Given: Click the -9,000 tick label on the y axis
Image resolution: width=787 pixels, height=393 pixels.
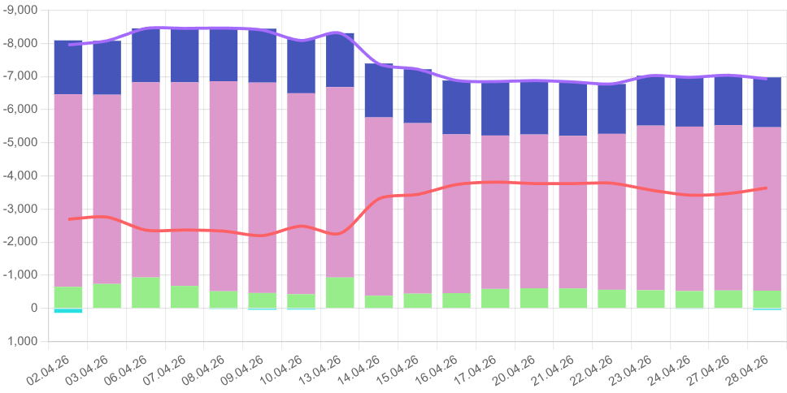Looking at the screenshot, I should [23, 10].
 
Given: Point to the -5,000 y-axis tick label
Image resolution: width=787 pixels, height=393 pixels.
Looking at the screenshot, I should [23, 143].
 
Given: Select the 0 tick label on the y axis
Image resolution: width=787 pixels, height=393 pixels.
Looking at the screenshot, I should [33, 309].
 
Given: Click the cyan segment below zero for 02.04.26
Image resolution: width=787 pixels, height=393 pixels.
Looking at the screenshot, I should [68, 310].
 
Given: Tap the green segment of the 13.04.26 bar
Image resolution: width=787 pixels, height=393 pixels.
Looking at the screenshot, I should [341, 292].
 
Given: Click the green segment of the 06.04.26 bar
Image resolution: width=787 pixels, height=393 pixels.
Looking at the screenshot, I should [146, 292].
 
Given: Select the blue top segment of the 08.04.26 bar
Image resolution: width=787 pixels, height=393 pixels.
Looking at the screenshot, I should [224, 54].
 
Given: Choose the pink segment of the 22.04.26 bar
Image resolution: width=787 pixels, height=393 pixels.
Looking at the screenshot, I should [612, 211].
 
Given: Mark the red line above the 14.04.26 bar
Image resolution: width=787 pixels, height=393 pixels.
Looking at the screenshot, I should [379, 198].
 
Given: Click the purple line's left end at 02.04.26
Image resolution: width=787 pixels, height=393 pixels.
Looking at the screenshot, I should [69, 45].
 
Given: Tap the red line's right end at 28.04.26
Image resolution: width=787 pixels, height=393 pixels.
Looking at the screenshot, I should [767, 188].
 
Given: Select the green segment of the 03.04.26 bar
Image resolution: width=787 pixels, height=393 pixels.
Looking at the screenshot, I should [107, 296].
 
